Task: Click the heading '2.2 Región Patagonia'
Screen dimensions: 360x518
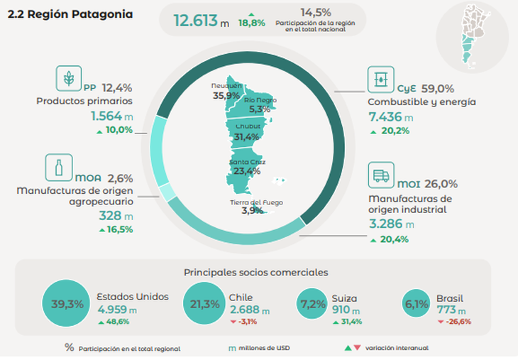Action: point(70,15)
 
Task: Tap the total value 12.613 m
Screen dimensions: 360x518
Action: point(202,21)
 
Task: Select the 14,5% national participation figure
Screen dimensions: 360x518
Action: point(316,13)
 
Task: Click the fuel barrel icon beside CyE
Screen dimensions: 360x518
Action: point(380,80)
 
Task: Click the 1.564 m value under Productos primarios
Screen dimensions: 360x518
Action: point(111,115)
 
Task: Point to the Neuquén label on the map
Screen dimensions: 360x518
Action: point(226,85)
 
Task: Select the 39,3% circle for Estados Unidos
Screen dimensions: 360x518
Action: point(67,304)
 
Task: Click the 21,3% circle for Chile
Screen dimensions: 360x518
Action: point(201,304)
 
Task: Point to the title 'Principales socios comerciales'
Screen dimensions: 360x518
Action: point(255,271)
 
